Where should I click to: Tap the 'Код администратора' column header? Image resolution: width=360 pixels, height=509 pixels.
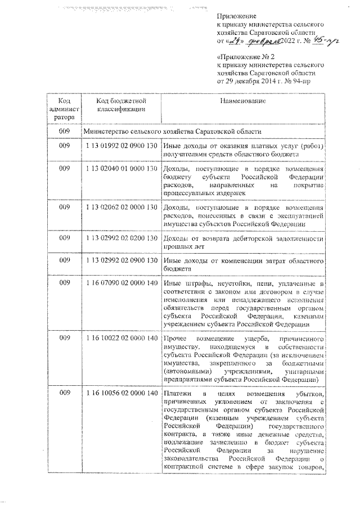(64, 109)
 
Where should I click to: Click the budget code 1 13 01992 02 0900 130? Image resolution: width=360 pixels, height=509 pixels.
(121, 146)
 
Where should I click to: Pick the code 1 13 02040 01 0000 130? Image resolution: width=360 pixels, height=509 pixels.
(121, 169)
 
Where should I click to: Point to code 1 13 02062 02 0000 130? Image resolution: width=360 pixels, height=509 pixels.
(121, 208)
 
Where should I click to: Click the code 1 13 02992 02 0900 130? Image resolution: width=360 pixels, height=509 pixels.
(121, 261)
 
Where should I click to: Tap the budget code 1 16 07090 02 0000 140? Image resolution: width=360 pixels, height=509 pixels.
(121, 284)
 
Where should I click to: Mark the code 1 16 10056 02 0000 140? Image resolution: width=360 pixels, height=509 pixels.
(121, 392)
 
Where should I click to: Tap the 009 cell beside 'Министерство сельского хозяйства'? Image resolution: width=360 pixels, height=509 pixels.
(64, 131)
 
